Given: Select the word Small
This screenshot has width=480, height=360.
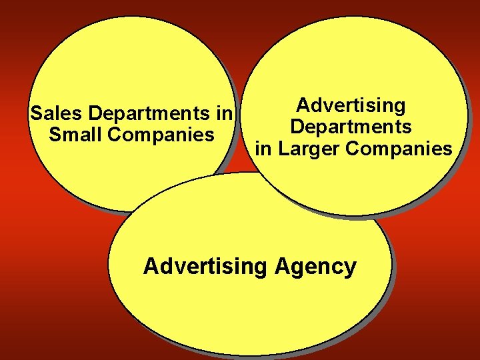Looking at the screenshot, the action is coord(74,135).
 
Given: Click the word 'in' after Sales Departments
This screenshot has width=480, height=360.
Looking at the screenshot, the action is coord(223,113).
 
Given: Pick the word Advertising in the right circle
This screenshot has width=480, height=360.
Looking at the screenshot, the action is coord(351,105).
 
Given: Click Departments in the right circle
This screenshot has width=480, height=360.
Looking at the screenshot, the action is coord(351,127).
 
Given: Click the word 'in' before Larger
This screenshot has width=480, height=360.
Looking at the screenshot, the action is coord(263,148).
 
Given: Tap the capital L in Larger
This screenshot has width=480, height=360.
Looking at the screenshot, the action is coord(283,148).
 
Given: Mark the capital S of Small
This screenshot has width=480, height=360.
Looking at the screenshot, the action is coord(55,135).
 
